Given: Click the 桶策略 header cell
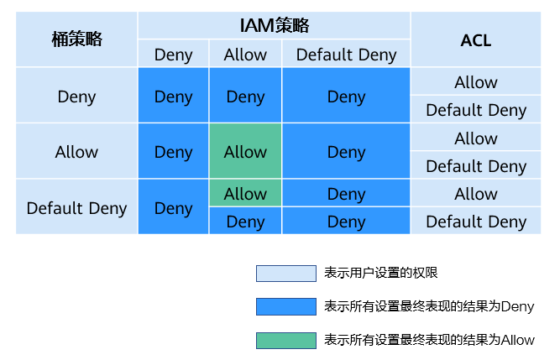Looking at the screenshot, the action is [76, 39].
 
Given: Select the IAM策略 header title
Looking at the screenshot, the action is [275, 26].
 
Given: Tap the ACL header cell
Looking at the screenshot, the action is [476, 39].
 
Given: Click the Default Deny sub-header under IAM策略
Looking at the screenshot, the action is [346, 54].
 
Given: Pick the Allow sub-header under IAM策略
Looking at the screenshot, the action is [245, 54].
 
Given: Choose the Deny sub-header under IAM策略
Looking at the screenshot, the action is [173, 54].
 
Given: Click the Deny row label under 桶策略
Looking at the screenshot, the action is [76, 96].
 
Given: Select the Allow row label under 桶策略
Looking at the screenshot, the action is [76, 151].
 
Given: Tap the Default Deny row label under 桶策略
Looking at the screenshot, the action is [76, 207].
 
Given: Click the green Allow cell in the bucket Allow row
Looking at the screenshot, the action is [245, 151].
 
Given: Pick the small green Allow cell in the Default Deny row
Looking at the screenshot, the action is [245, 193].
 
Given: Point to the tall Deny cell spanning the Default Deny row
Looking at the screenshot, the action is [173, 207].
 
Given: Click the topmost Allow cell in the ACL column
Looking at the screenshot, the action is [476, 81].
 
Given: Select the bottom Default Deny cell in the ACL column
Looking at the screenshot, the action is [476, 221].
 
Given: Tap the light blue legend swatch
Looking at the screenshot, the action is [286, 274].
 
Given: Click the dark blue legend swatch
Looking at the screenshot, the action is [286, 306].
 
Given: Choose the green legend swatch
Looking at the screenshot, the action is [286, 341].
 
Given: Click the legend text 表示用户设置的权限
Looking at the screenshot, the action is [380, 273].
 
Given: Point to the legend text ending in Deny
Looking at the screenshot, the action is [429, 306].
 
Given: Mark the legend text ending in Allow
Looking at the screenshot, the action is [429, 340].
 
